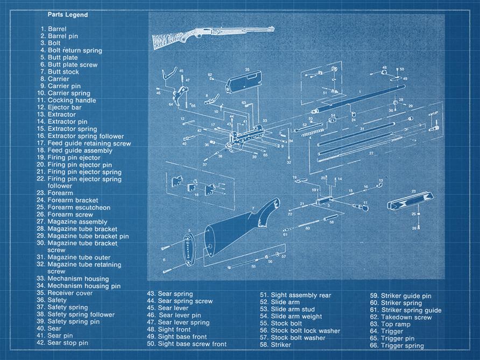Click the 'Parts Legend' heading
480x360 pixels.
67,15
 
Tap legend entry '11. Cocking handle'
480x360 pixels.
67,100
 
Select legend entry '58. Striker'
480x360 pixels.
276,344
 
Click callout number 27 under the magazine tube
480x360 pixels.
371,153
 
